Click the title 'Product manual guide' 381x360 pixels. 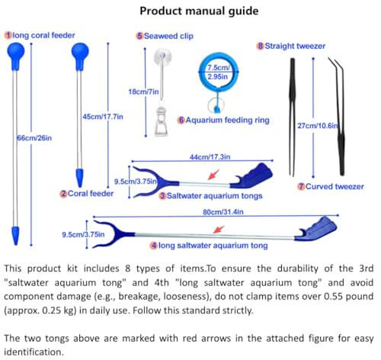[199, 11]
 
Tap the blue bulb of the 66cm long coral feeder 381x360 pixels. [16, 54]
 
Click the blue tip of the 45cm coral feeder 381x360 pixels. [80, 177]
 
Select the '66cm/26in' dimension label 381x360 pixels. [34, 138]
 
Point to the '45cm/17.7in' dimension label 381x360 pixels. [103, 117]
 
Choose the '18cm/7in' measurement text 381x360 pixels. [143, 92]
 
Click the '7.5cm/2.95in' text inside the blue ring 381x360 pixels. [218, 72]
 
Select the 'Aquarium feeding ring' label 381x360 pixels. [227, 120]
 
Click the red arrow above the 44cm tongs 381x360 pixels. [213, 175]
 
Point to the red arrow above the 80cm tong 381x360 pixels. [219, 230]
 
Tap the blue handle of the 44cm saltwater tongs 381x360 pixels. [251, 176]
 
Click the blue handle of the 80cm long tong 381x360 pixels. [316, 230]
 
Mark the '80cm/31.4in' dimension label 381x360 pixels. [223, 212]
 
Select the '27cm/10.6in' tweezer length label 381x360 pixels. [318, 126]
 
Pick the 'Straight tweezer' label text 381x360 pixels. [295, 46]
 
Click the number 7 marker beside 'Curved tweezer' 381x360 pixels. [301, 187]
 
